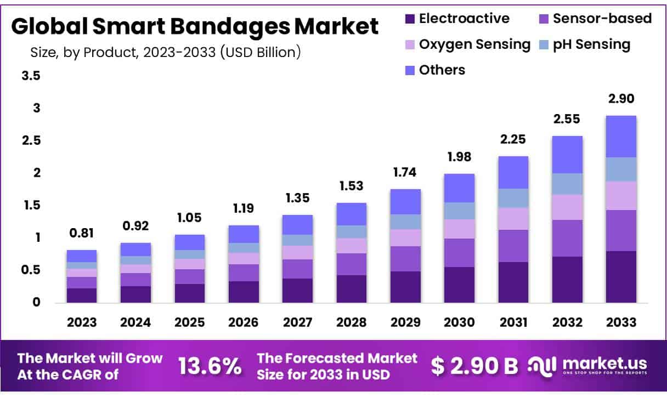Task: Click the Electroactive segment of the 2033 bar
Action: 621,276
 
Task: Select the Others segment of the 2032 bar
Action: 567,155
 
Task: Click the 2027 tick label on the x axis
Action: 297,322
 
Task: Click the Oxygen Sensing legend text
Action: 474,44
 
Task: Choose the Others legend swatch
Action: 409,70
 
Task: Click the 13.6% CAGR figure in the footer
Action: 210,366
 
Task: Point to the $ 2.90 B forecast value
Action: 474,366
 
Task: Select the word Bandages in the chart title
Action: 238,26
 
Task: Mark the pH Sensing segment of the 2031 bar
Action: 513,198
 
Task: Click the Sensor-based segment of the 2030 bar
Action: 460,253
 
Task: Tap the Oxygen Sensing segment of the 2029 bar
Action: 406,237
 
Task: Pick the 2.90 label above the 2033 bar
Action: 621,99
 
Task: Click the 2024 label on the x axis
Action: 135,322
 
